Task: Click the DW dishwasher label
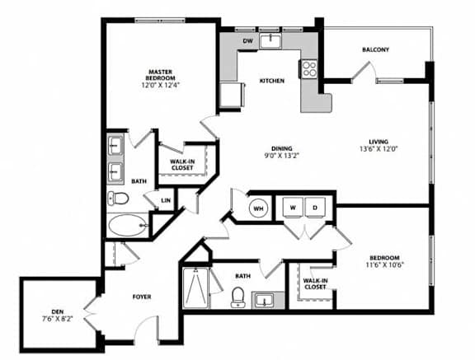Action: (x=247, y=41)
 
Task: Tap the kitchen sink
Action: (x=270, y=41)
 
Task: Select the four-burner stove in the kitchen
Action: (x=309, y=68)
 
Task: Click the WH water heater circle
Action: (x=258, y=208)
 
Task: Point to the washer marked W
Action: (x=293, y=208)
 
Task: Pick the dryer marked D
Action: (x=315, y=208)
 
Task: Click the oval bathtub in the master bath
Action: (x=127, y=226)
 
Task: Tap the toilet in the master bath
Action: (x=118, y=199)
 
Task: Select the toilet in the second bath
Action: (x=237, y=297)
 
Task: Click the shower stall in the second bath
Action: (x=195, y=288)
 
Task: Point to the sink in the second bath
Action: (x=265, y=300)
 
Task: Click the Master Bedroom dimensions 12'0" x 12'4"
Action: (x=161, y=85)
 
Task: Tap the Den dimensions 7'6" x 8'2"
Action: (x=58, y=319)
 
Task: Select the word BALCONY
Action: (x=376, y=49)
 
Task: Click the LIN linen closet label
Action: (x=166, y=200)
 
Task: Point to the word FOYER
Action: (x=142, y=297)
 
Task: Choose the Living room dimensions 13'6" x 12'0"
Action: (x=379, y=148)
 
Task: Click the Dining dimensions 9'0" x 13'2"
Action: (x=282, y=156)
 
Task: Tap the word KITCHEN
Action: (x=272, y=81)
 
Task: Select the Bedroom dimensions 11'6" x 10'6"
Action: (x=385, y=264)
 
